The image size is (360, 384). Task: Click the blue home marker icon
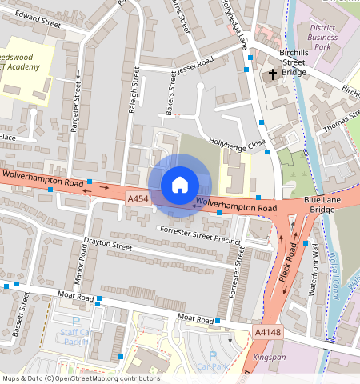click(x=180, y=185)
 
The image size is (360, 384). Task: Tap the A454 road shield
click(x=138, y=197)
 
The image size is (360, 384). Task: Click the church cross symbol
click(x=273, y=75)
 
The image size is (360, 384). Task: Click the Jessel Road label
click(x=194, y=61)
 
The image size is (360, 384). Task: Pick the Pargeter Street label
click(x=78, y=108)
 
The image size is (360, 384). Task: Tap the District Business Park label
click(x=322, y=37)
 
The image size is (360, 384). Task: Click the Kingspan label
click(x=268, y=357)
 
